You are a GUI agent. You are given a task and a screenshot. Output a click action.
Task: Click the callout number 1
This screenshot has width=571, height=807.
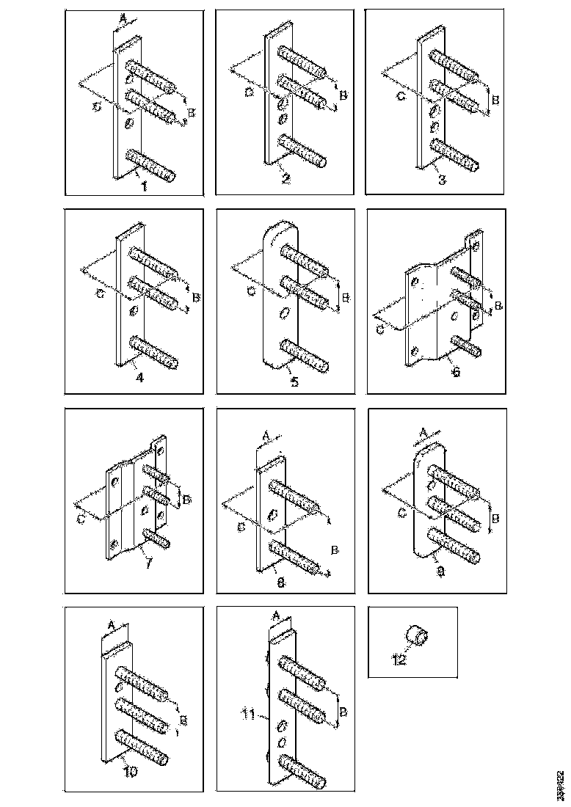(145, 186)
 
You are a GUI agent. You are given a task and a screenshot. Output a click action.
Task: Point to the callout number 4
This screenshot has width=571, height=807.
(139, 379)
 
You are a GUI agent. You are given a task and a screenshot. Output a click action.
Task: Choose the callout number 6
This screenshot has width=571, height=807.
(455, 372)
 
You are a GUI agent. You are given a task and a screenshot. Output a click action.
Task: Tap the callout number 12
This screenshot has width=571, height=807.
(398, 659)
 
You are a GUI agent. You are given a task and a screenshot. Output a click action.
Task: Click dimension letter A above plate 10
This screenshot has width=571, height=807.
(112, 622)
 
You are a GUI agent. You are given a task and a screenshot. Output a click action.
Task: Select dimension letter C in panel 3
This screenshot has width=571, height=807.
(400, 96)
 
